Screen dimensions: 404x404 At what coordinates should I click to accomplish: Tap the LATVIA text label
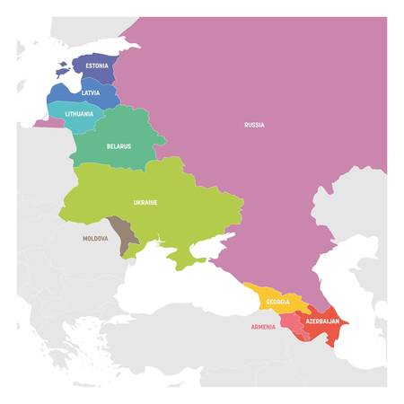[91, 93]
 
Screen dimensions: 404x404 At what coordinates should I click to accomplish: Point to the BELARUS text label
[119, 145]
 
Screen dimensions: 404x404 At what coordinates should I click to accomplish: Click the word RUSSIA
[254, 125]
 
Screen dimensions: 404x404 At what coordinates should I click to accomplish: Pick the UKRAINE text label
[145, 203]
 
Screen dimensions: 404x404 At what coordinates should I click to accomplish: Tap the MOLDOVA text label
[95, 239]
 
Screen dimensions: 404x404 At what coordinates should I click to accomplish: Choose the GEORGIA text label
[278, 302]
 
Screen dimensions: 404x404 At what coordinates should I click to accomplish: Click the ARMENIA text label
[263, 328]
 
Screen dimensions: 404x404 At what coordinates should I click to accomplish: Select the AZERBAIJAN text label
[321, 321]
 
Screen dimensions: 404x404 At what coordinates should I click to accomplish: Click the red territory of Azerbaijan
[325, 334]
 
